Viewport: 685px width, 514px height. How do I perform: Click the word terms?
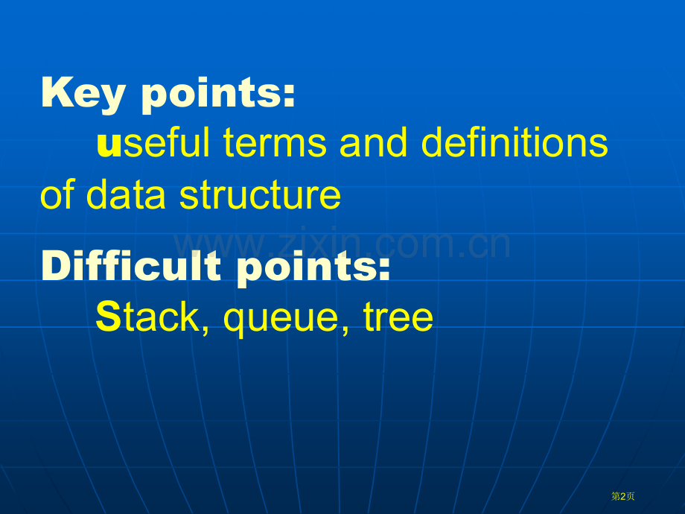(275, 142)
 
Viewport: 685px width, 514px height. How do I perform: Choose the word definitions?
(514, 142)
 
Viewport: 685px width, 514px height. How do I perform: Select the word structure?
(261, 194)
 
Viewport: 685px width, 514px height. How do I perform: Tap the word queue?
(281, 319)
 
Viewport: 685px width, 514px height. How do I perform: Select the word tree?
(398, 317)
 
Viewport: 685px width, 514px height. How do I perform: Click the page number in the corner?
(623, 496)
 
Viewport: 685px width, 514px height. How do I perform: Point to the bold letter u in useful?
(109, 145)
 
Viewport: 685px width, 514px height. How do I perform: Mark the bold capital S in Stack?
(109, 316)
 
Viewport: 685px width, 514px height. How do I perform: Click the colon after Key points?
(289, 96)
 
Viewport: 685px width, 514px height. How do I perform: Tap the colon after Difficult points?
(384, 269)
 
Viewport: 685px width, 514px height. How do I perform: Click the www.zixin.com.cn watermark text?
(342, 243)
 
